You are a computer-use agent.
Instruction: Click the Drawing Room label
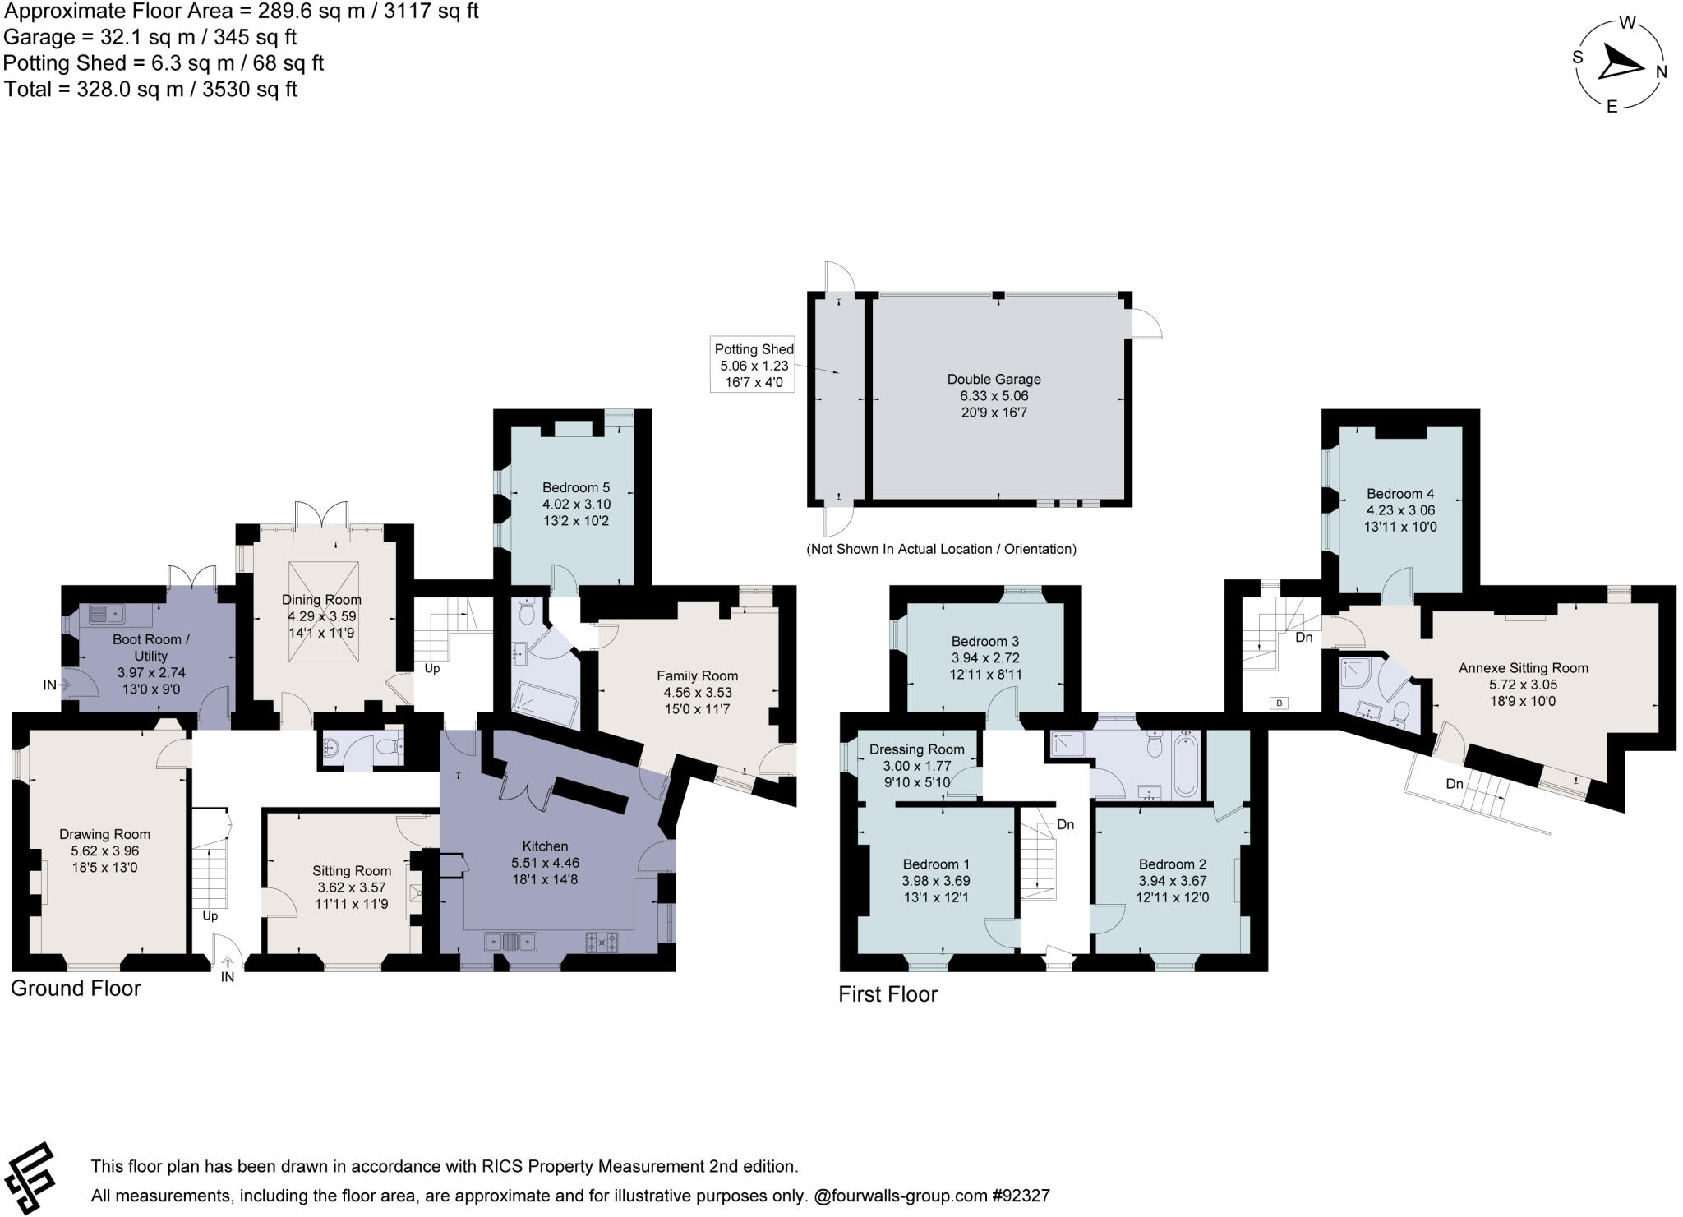point(104,834)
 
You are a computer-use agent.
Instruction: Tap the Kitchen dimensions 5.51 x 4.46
point(545,863)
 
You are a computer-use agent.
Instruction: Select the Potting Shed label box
point(753,365)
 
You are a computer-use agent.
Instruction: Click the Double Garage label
point(994,380)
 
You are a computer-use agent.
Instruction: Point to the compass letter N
point(1661,72)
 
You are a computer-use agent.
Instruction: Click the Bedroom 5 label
point(575,487)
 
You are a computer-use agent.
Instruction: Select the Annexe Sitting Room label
point(1523,668)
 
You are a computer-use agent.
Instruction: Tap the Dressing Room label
point(916,749)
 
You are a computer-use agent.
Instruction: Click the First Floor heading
point(888,994)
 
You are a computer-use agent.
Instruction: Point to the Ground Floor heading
point(76,988)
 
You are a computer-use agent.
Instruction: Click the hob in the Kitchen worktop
point(602,942)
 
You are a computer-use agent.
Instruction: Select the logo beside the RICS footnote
point(30,1178)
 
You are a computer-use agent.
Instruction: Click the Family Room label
point(697,676)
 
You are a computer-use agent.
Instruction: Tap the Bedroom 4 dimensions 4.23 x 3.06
point(1400,510)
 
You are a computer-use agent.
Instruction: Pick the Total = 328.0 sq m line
point(150,89)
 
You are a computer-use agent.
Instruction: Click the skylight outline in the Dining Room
point(323,611)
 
